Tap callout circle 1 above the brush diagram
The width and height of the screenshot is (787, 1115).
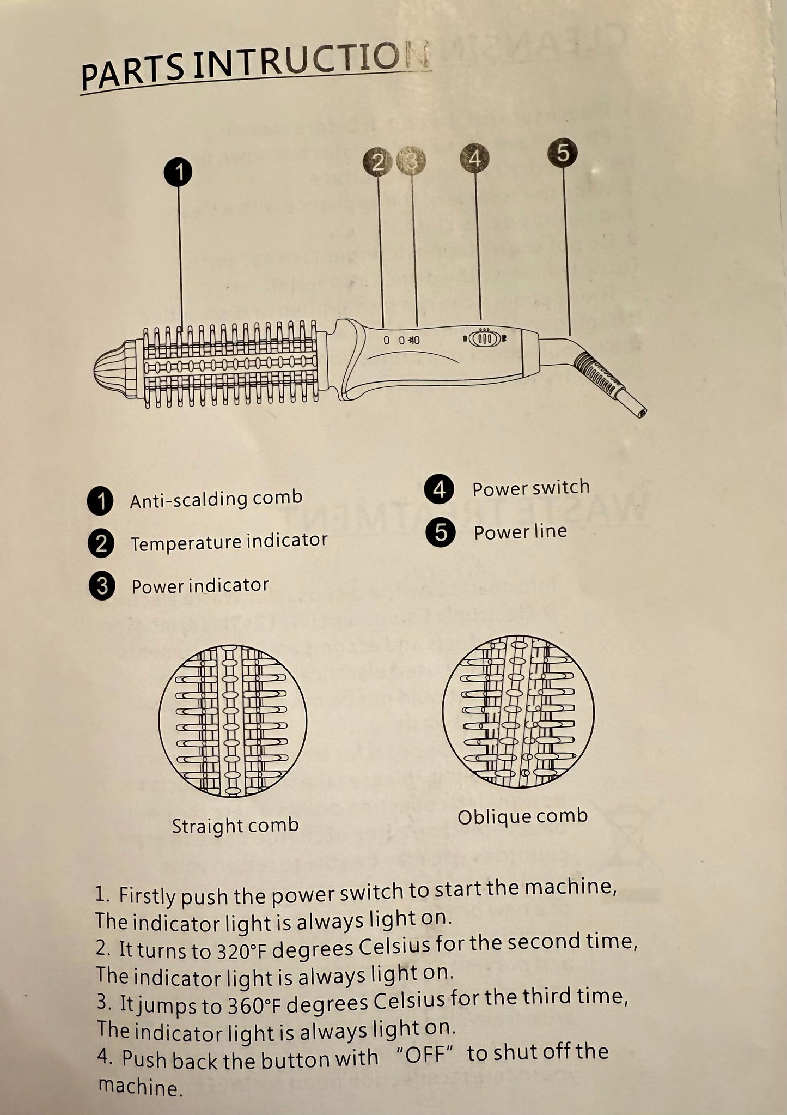point(178,172)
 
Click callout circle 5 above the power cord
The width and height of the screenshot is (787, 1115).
point(563,152)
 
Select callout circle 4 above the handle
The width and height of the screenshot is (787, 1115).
point(475,159)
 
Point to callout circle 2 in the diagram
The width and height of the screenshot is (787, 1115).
point(377,162)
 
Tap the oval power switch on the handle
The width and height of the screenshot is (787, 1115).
point(484,338)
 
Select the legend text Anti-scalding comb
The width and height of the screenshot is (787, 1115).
point(216,499)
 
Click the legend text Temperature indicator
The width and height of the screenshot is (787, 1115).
point(229,542)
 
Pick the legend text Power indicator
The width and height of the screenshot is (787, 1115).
point(200,586)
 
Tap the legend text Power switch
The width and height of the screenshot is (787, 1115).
point(530,488)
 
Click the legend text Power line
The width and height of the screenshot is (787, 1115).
point(520,532)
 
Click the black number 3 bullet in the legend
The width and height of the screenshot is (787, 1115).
point(101,587)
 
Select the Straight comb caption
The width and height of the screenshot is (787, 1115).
point(235,825)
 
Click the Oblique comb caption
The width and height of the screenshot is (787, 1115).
point(522,816)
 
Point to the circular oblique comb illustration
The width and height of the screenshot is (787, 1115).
point(518,712)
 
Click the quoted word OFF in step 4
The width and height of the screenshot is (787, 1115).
point(423,1055)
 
